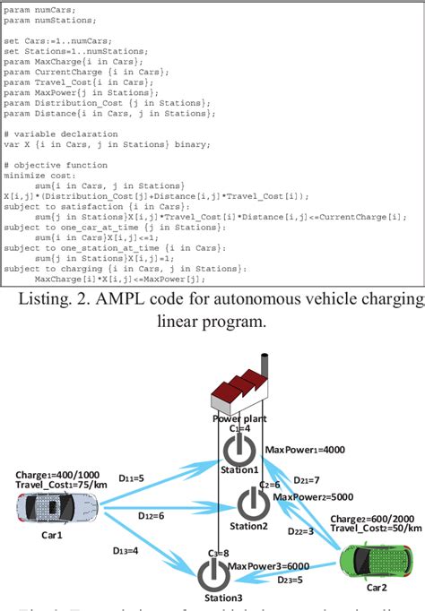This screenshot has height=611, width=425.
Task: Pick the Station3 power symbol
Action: (211, 572)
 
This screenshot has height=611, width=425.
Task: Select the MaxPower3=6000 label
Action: (267, 565)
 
